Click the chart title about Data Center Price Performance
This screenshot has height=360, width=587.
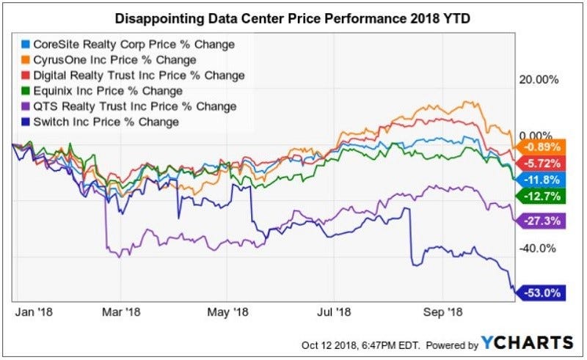point(293,17)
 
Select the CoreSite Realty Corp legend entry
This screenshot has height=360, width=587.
point(128,45)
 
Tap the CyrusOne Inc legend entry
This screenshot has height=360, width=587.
point(121,60)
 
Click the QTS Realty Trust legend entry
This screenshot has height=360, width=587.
point(128,106)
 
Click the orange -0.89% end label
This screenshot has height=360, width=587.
point(543,147)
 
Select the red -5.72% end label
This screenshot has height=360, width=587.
point(543,163)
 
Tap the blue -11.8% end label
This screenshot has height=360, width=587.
point(543,180)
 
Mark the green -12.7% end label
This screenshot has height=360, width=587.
point(543,196)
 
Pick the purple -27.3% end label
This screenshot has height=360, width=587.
point(543,220)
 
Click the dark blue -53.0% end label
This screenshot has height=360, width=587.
point(543,293)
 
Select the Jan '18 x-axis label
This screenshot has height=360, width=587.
point(33,311)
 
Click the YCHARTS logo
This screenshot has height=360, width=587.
point(527,343)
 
